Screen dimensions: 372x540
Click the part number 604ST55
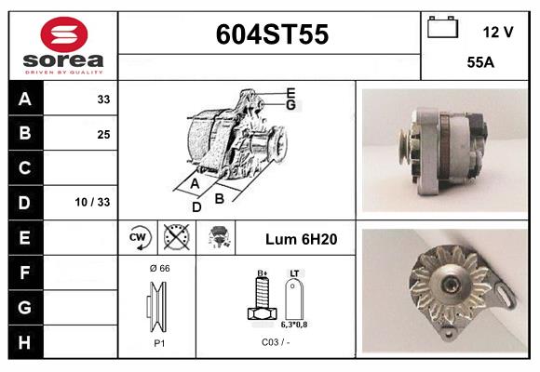click(272, 34)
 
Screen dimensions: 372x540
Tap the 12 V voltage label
click(498, 32)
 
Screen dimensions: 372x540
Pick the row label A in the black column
click(25, 100)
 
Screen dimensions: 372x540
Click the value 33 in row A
click(102, 100)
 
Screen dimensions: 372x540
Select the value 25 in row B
click(102, 134)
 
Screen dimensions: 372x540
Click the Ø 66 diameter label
click(159, 268)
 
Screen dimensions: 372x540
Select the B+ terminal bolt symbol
click(263, 299)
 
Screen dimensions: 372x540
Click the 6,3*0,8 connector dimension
click(294, 324)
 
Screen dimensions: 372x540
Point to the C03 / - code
click(276, 342)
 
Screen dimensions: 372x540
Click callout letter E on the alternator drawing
click(290, 92)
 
